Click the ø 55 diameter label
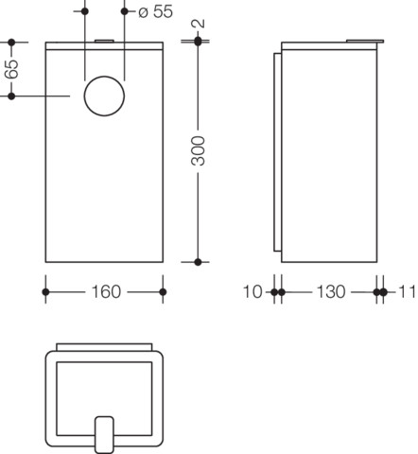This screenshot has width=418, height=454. click(156, 11)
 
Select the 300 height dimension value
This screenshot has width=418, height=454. click(199, 150)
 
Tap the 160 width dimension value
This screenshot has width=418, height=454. click(106, 292)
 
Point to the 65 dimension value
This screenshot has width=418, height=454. click(11, 69)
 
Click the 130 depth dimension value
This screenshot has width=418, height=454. click(331, 292)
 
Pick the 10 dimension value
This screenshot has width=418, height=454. click(253, 292)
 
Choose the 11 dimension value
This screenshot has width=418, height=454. click(408, 292)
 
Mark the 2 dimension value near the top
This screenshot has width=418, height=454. click(199, 24)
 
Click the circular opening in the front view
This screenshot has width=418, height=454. click(104, 96)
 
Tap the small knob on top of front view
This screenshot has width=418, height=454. click(104, 41)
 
